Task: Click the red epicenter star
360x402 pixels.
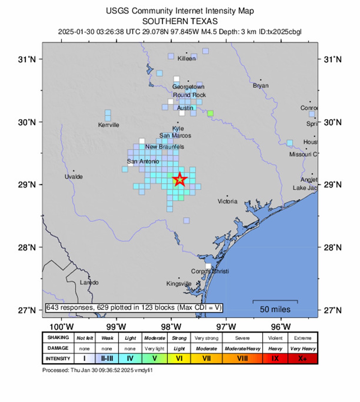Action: (x=180, y=180)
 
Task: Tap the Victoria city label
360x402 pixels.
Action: (x=227, y=201)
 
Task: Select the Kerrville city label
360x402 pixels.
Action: (x=108, y=125)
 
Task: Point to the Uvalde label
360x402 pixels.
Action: (x=73, y=177)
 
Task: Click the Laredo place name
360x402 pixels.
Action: (x=89, y=282)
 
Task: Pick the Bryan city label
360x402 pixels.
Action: (x=260, y=86)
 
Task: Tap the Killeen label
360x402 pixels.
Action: (x=186, y=58)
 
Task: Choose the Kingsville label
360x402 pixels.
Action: (x=179, y=284)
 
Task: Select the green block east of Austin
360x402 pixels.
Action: (x=210, y=113)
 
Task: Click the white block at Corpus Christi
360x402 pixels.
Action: (x=208, y=266)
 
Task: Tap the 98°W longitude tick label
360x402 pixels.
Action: (x=171, y=326)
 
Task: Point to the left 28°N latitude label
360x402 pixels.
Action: (x=27, y=247)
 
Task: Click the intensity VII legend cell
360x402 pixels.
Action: (x=206, y=359)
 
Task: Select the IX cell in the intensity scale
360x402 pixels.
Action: (x=275, y=359)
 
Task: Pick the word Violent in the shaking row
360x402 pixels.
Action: (x=275, y=338)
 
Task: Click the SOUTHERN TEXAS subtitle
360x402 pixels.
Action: (x=180, y=21)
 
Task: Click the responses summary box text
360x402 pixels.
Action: (x=134, y=308)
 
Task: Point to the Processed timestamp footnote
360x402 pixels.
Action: (x=97, y=370)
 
